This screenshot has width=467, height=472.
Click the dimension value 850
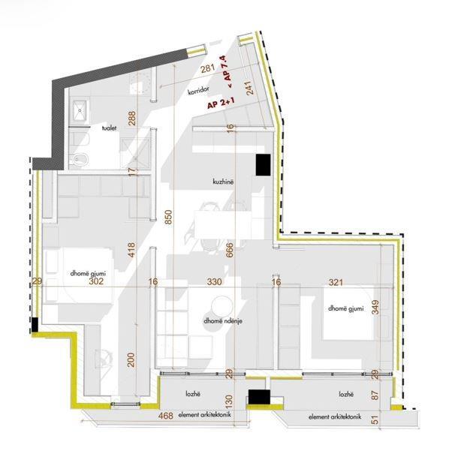pyautogui.click(x=170, y=217)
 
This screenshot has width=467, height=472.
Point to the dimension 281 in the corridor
pyautogui.click(x=209, y=68)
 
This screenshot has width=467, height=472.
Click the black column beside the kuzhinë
pyautogui.click(x=262, y=164)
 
